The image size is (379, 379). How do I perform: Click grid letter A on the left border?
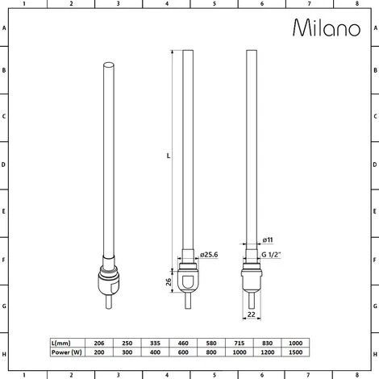pyautogui.click(x=6, y=27)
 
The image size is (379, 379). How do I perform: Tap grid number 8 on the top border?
pyautogui.click(x=356, y=5)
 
